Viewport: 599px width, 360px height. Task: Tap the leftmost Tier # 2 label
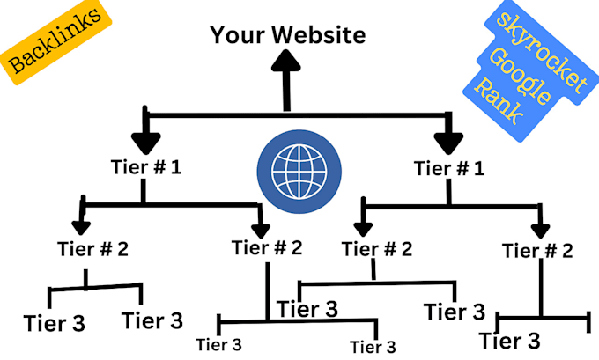click(92, 248)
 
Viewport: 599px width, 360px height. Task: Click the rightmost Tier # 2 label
click(537, 251)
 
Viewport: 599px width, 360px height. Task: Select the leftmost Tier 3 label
click(55, 323)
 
